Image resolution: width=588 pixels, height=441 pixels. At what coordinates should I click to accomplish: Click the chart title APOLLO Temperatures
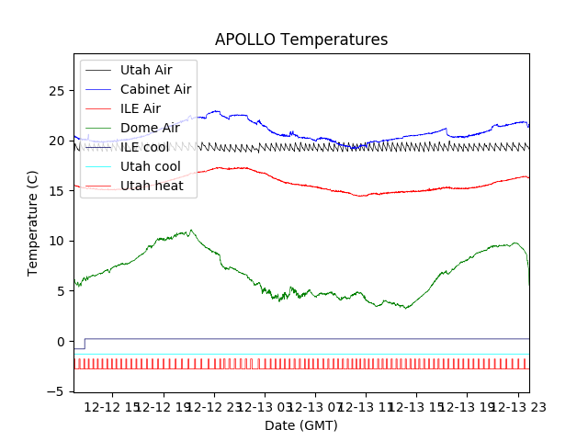point(301,40)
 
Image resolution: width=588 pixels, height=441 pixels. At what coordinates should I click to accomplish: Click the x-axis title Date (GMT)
point(301,425)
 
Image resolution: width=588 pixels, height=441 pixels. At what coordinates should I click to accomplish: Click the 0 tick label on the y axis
point(61,341)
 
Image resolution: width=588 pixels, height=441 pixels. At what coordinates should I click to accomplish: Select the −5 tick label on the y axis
point(57,391)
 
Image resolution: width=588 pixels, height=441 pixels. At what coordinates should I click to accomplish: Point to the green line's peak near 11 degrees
point(190,231)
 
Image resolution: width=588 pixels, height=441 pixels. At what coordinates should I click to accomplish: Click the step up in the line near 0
point(85,344)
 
